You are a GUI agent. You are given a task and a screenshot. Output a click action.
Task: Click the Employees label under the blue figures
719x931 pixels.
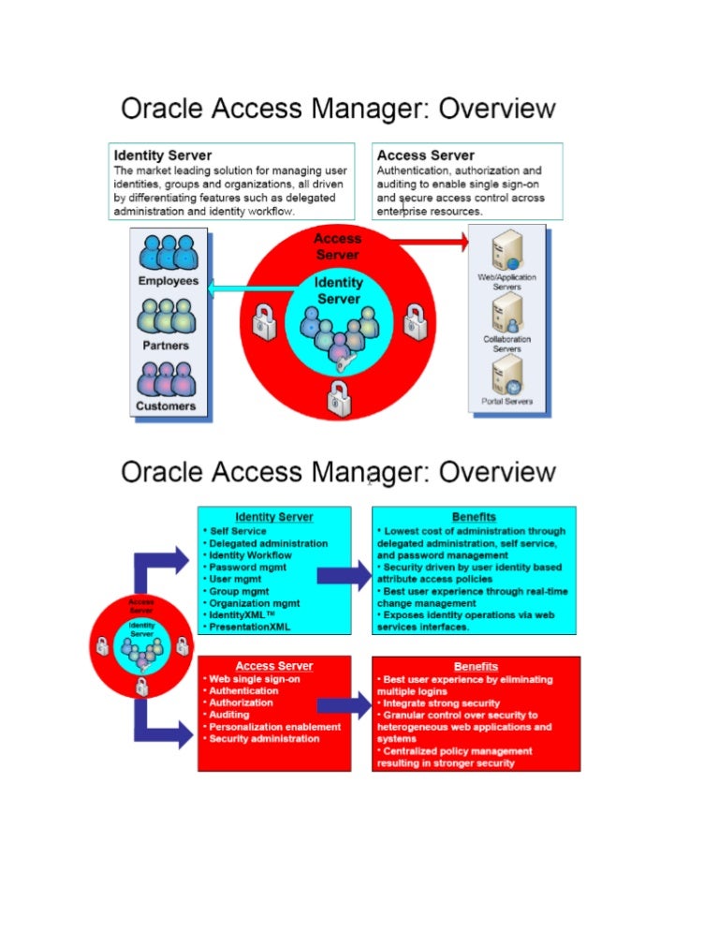pos(169,281)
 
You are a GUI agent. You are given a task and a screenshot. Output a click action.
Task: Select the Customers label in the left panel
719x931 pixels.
pos(166,406)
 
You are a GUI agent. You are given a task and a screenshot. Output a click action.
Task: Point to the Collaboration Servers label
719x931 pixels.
pos(506,344)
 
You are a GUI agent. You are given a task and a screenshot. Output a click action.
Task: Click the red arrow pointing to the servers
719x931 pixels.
pos(432,243)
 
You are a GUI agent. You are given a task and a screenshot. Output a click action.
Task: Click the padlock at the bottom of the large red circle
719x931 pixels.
pos(337,397)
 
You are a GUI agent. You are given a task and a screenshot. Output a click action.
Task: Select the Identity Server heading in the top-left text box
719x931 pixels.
pos(163,155)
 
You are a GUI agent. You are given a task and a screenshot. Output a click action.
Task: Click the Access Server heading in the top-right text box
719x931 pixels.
pos(426,155)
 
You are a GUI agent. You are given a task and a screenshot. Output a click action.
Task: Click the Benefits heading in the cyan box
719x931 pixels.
pos(474,516)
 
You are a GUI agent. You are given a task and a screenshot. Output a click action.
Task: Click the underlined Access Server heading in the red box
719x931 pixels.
pos(274,666)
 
